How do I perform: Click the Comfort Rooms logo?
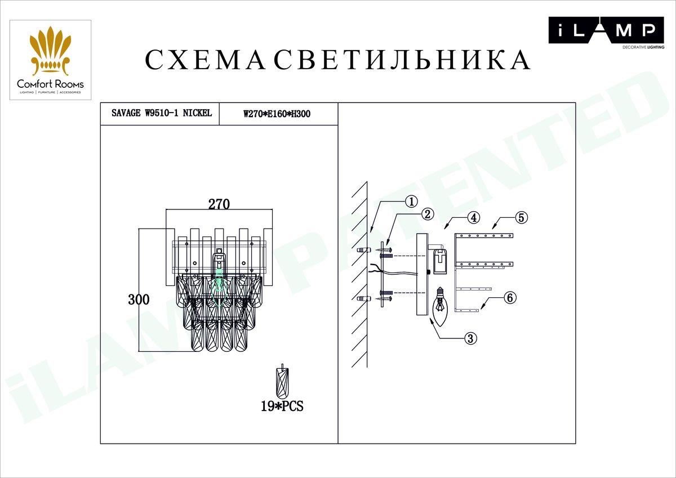(50, 60)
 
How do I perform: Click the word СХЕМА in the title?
(205, 60)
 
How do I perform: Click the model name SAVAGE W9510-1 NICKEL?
(158, 113)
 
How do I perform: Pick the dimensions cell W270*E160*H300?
(277, 114)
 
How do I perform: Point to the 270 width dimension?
(219, 204)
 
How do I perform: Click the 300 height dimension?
(139, 300)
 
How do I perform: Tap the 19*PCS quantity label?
(282, 406)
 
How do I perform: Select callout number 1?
(412, 201)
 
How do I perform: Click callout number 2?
(428, 214)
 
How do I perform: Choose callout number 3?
(471, 338)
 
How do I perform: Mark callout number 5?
(522, 217)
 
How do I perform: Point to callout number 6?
(509, 298)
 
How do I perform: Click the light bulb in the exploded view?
(438, 306)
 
